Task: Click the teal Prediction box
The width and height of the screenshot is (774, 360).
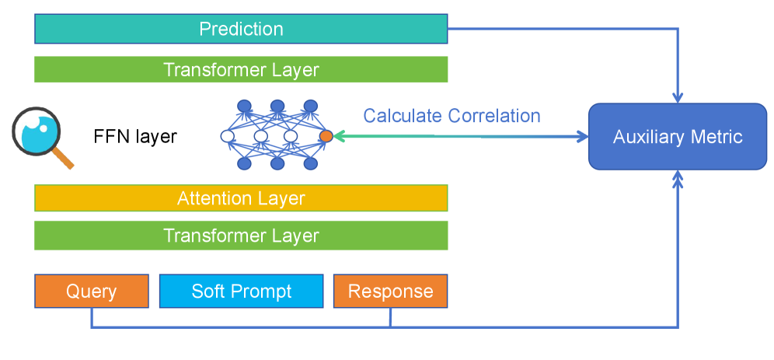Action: click(x=241, y=29)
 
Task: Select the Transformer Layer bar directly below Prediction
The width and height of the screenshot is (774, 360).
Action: click(x=241, y=69)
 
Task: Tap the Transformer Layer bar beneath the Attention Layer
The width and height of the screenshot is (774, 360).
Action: click(x=241, y=235)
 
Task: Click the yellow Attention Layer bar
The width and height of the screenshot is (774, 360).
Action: click(x=241, y=198)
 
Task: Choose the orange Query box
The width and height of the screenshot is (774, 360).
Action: click(x=91, y=292)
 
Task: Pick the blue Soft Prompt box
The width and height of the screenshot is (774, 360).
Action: click(x=241, y=292)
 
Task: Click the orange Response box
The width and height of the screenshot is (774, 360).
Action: click(x=390, y=292)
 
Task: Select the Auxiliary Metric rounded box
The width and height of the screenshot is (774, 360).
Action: click(x=678, y=137)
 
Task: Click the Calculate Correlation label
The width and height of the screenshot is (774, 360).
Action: click(x=451, y=116)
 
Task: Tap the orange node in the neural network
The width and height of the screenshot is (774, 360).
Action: click(x=326, y=136)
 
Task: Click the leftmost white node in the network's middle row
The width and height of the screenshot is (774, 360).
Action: click(x=228, y=136)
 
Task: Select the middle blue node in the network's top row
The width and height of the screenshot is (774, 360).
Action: click(x=277, y=106)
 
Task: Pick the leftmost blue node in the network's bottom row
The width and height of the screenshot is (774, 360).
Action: click(x=244, y=164)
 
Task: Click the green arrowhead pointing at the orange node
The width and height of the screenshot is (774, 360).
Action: click(x=340, y=136)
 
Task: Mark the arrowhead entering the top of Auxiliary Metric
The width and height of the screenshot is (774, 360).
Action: click(x=678, y=98)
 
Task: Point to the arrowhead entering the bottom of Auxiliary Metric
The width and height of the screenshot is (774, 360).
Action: click(x=678, y=177)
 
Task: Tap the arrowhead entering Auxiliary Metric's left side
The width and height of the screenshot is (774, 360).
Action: click(x=582, y=137)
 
